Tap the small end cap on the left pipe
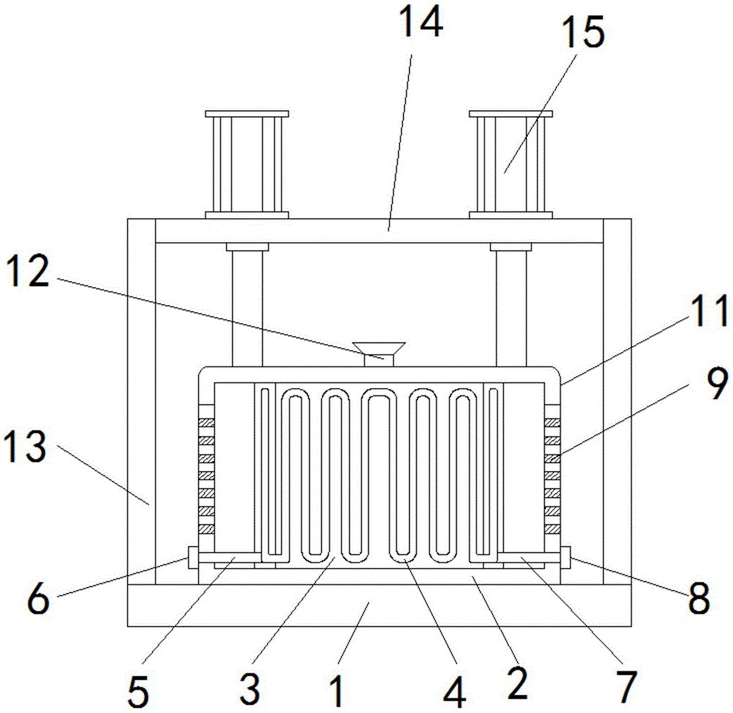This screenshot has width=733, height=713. [194, 557]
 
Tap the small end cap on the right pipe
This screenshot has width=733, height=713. [565, 557]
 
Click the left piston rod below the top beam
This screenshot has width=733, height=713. [246, 308]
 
